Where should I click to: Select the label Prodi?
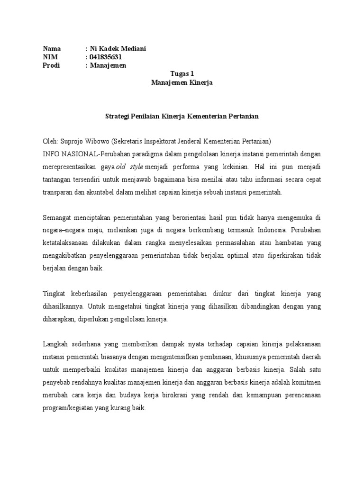(x=51, y=66)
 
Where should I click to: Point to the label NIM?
(x=50, y=57)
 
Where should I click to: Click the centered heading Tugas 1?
(x=182, y=74)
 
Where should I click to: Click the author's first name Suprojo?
(x=72, y=141)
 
